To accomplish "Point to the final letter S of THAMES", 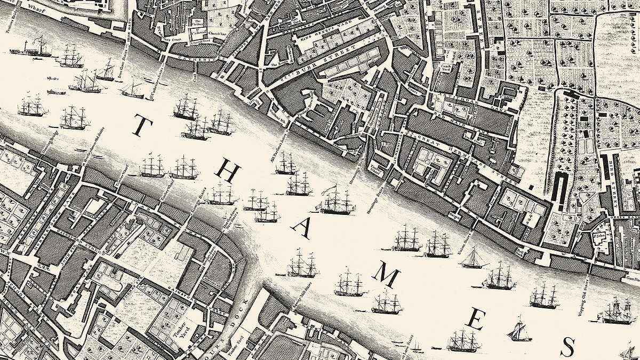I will pos(570,347).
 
